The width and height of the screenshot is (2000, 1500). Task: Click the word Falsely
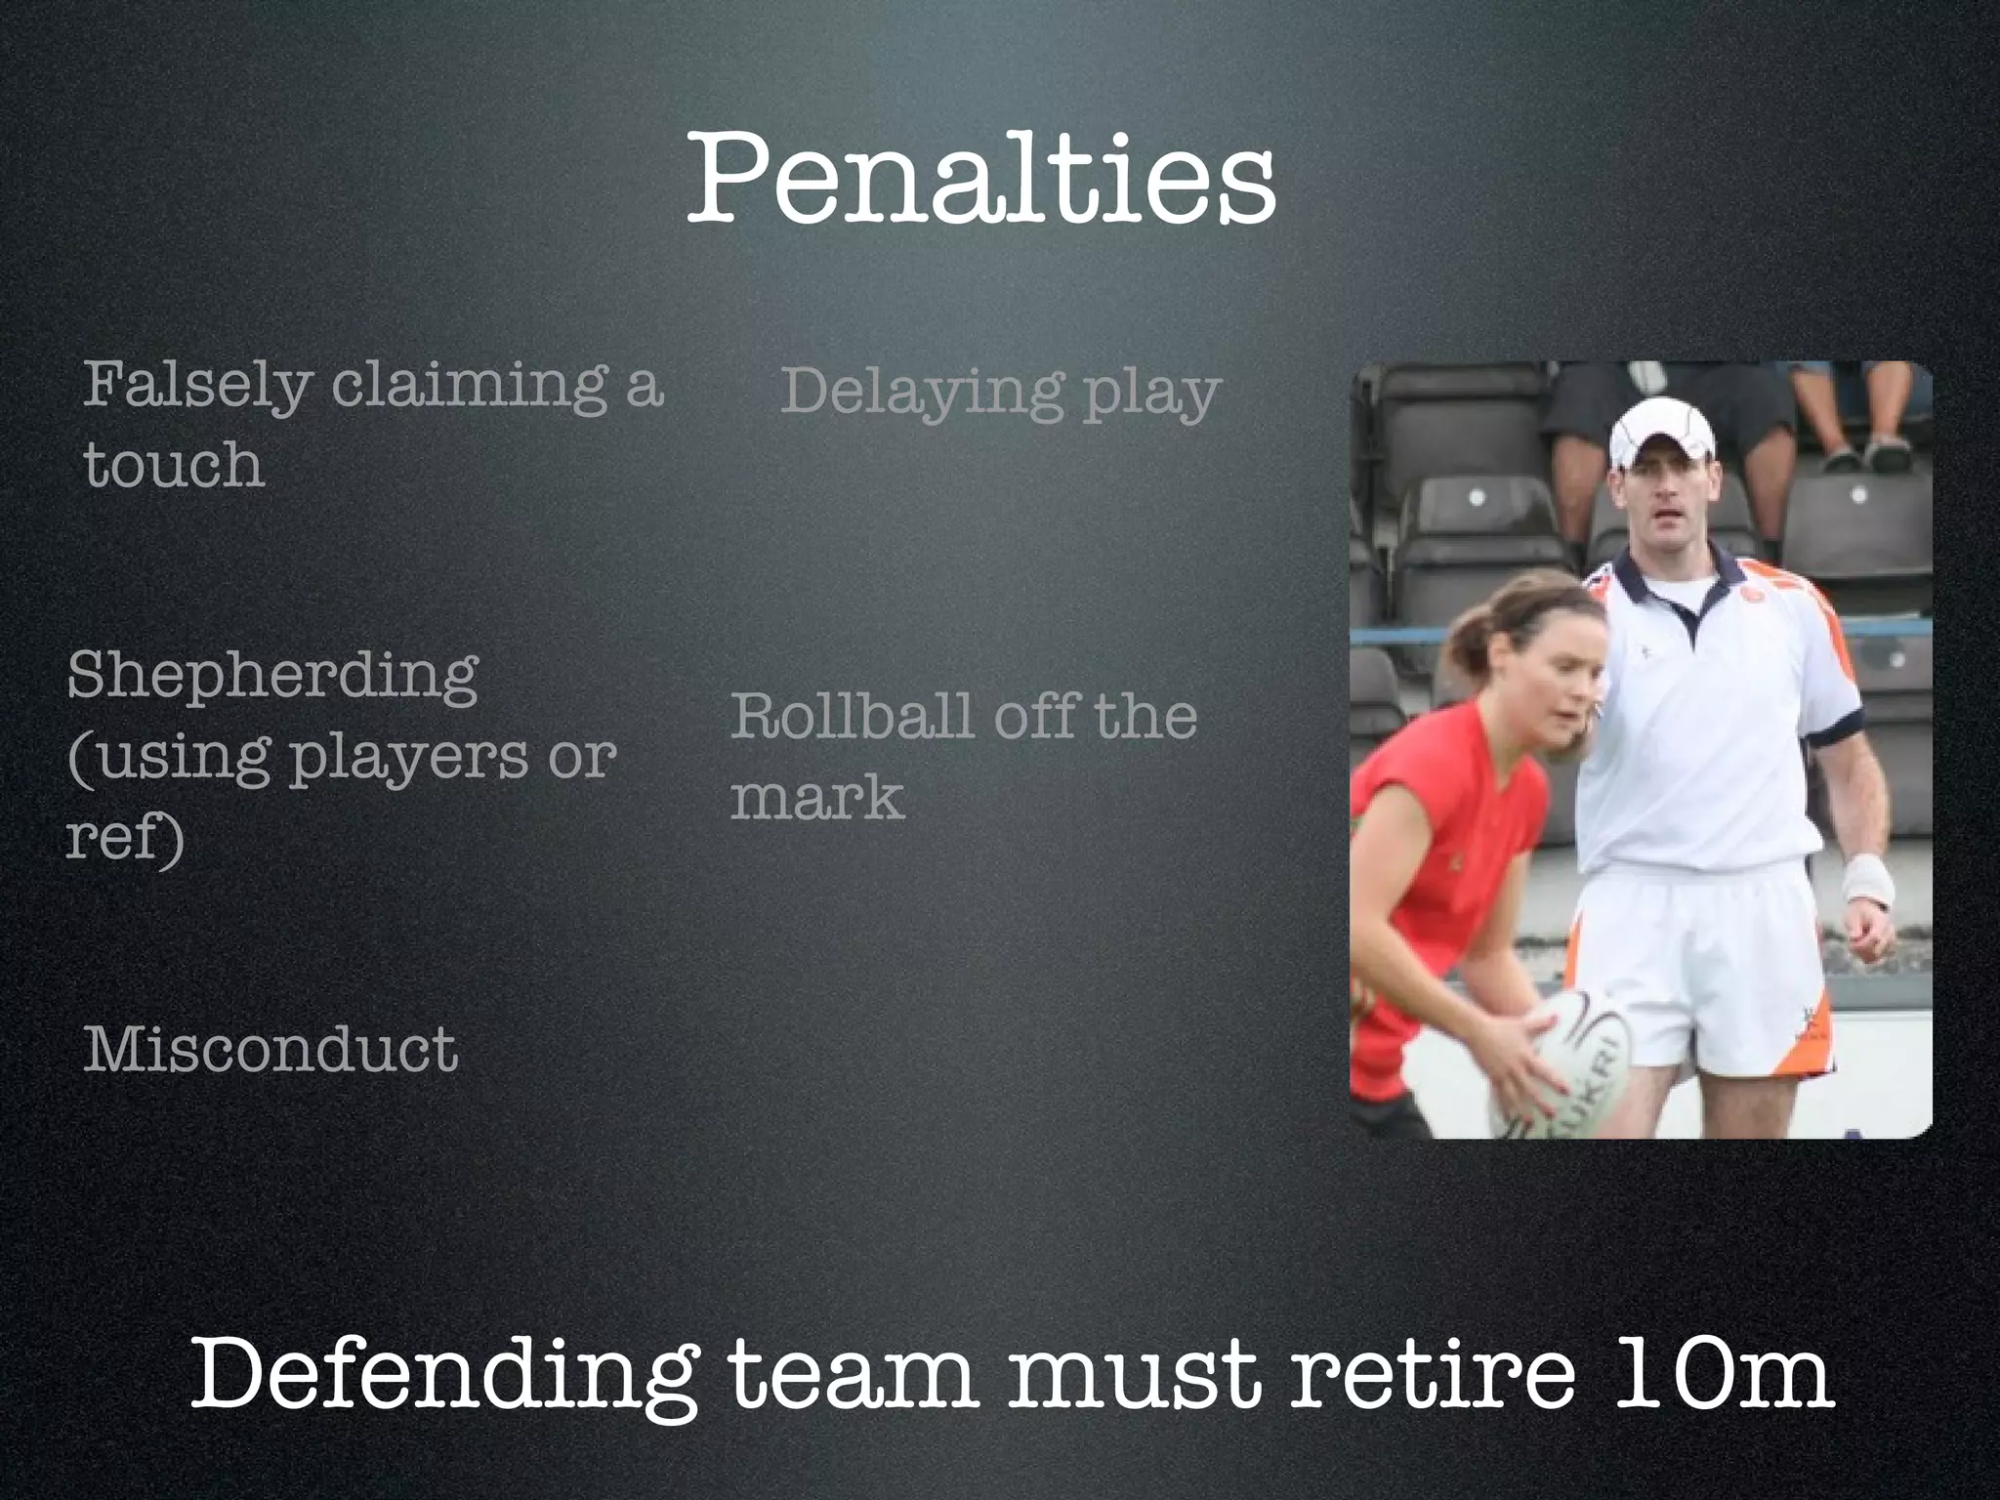coord(196,386)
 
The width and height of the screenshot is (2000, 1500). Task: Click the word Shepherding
coord(272,676)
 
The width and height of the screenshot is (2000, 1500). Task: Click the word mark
coord(816,799)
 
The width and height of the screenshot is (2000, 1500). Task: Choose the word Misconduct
coord(271,1051)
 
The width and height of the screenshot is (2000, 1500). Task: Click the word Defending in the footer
coord(444,1375)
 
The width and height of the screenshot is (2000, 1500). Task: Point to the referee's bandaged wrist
coord(1866,882)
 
